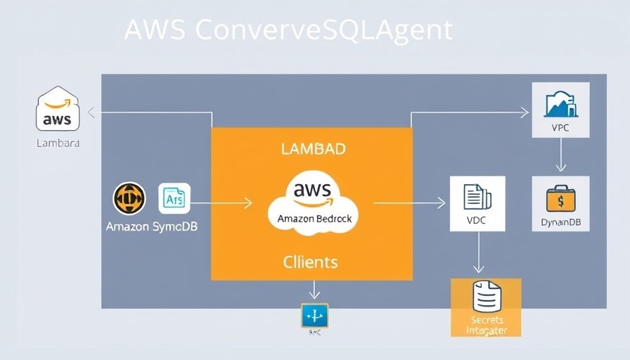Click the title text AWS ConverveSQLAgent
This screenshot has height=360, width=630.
[288, 30]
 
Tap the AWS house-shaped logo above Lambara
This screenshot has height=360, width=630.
[58, 110]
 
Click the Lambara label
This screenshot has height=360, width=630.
[58, 143]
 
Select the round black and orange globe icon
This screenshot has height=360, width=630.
[129, 198]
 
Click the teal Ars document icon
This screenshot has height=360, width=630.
[174, 198]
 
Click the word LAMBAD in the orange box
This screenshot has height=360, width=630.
[313, 149]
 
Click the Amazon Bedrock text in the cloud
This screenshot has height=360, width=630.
[314, 219]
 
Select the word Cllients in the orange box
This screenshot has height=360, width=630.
[310, 262]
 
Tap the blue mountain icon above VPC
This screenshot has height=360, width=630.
[560, 104]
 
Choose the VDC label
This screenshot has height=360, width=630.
[477, 220]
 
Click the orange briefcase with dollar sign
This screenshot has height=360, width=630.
[560, 198]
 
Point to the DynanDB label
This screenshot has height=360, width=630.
[560, 223]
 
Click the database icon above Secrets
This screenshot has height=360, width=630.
[487, 296]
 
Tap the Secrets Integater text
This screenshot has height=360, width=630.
[487, 325]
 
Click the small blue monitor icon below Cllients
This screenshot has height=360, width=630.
[314, 316]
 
